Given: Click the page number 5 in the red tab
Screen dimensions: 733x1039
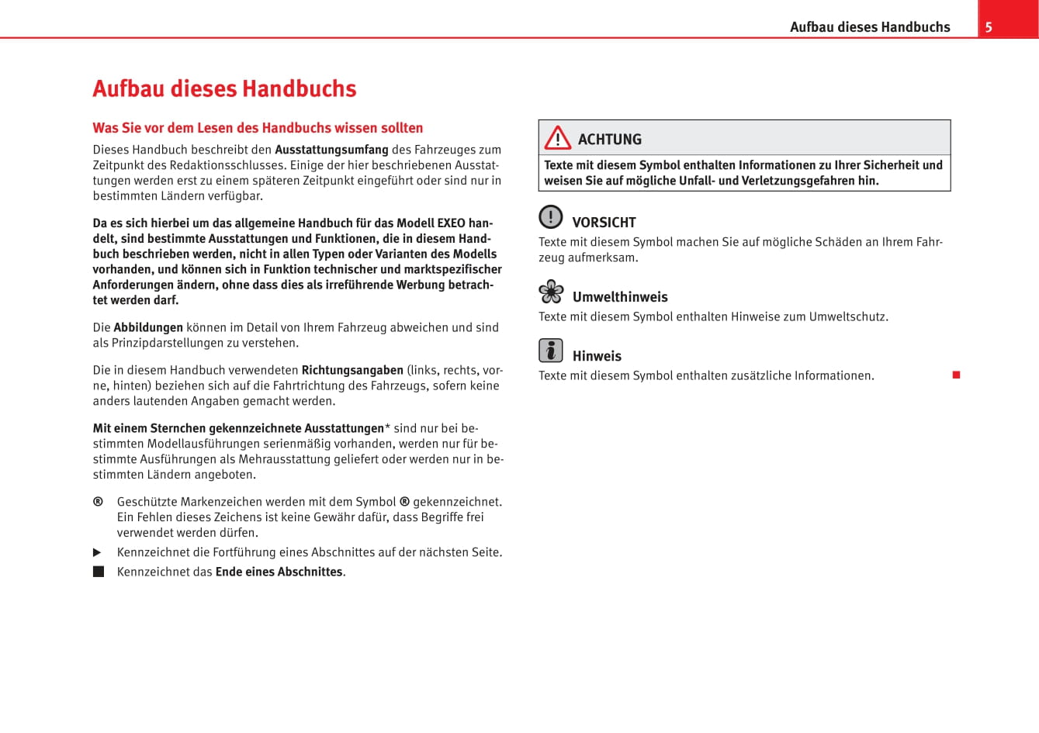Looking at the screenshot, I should click(x=989, y=27).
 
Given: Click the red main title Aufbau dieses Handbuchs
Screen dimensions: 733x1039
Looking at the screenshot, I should click(x=224, y=88).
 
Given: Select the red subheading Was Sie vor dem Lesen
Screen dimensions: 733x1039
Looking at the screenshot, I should click(x=258, y=128).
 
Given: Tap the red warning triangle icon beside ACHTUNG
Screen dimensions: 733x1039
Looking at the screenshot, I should click(x=557, y=139).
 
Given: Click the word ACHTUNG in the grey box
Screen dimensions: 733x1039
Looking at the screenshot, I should click(x=610, y=140).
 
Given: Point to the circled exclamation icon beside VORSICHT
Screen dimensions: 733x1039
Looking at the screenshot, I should click(x=551, y=216).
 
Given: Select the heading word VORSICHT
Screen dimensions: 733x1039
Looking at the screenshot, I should click(x=604, y=223).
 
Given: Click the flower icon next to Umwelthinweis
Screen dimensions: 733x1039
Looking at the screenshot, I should click(x=551, y=292).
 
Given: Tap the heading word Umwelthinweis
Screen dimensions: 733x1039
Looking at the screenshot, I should click(x=620, y=297).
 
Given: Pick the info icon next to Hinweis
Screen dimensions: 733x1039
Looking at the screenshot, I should click(x=551, y=351).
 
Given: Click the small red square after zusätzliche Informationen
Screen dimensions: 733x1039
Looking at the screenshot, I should click(x=957, y=375).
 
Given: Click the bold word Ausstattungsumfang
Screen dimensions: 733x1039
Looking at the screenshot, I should click(x=331, y=150).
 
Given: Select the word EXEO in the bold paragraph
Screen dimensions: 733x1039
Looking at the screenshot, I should click(x=451, y=223).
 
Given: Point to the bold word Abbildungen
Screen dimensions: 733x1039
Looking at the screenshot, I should click(x=148, y=327).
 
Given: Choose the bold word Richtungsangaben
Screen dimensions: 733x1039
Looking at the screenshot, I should click(x=352, y=370).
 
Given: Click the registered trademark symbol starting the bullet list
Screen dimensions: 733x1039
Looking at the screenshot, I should click(x=98, y=502).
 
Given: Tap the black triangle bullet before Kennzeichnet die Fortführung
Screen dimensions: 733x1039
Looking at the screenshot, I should click(x=98, y=552).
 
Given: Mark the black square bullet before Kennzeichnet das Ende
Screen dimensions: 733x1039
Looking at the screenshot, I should click(x=99, y=572).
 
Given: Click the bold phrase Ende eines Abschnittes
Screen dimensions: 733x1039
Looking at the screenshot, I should click(x=279, y=572).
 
